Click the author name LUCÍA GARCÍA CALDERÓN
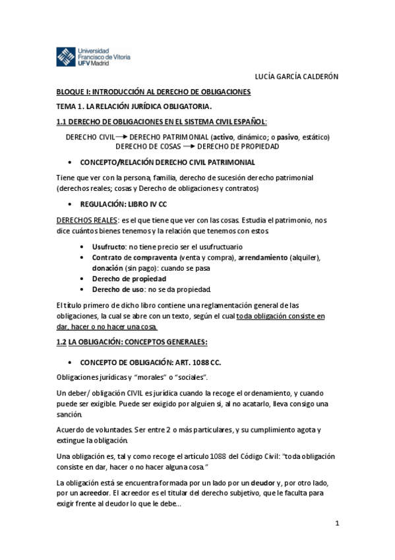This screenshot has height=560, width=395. (x=297, y=76)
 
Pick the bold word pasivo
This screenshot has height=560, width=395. (x=290, y=137)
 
